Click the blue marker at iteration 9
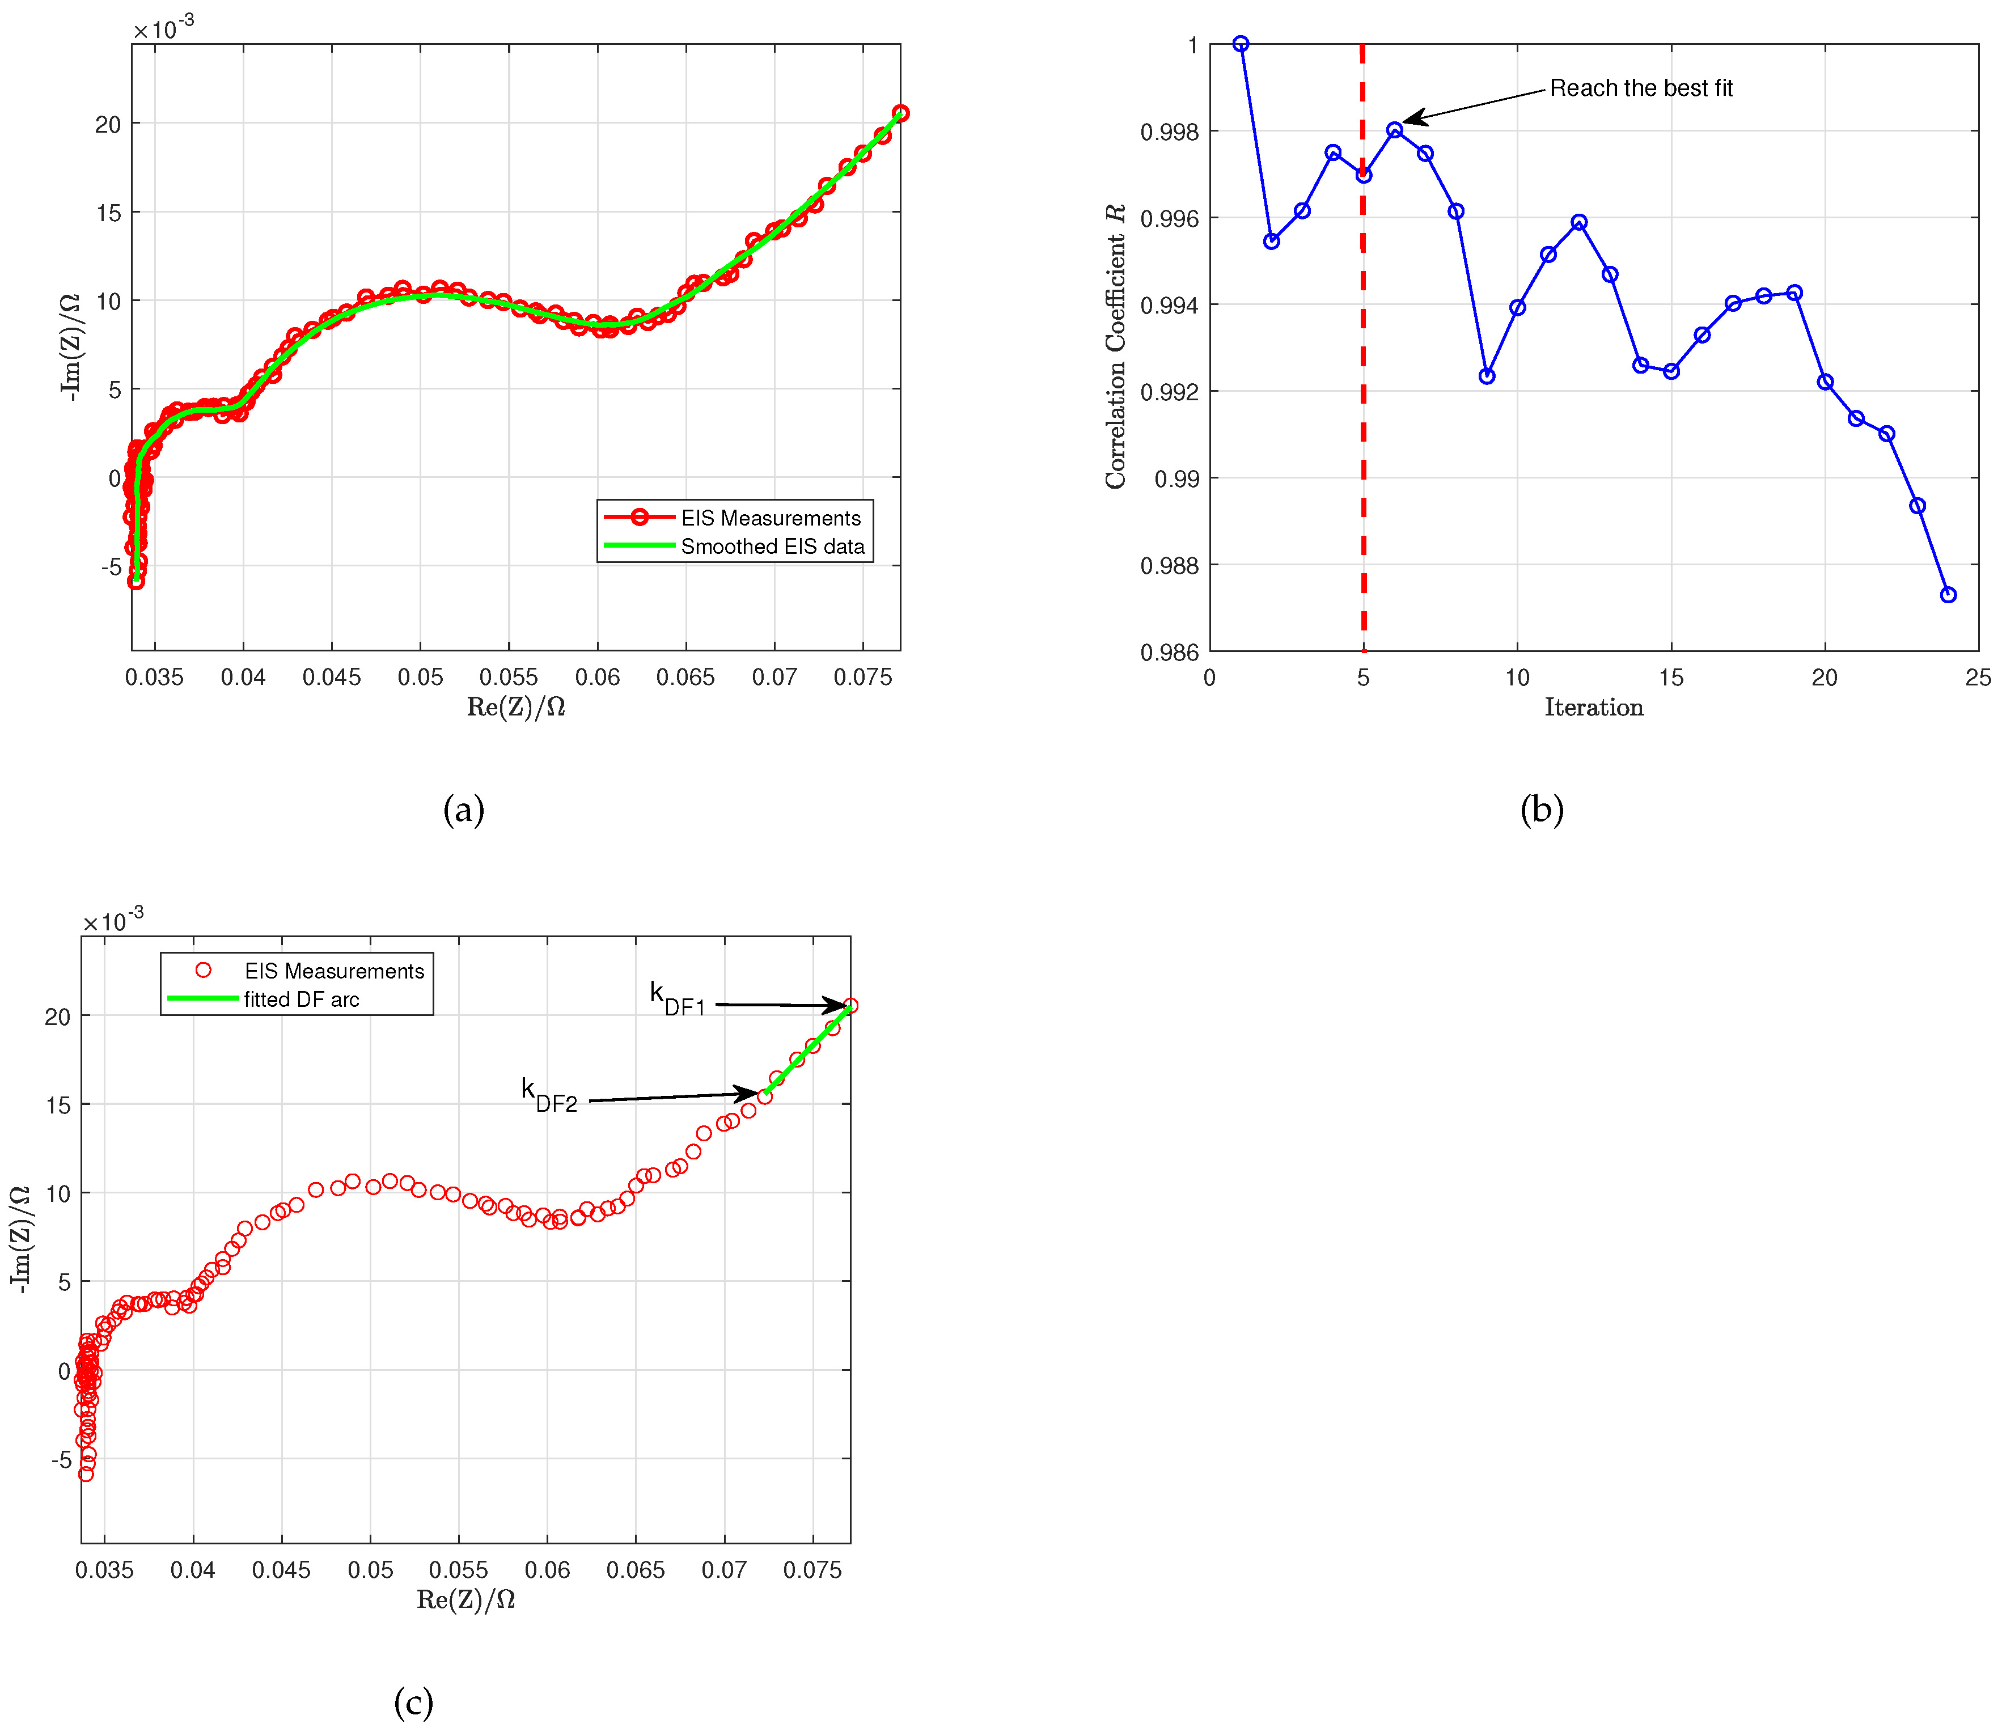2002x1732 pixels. [1487, 376]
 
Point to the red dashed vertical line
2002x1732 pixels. [1363, 387]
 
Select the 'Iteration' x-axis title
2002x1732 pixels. [1593, 708]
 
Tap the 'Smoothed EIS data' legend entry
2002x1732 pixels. [772, 546]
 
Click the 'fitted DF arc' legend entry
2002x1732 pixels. [300, 1000]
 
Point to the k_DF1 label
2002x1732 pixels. [676, 998]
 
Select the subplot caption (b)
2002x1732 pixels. [1541, 809]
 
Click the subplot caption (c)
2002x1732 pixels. [414, 1701]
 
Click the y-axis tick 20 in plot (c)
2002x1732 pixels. [57, 1017]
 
